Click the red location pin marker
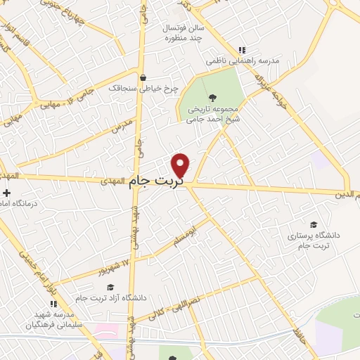(181, 165)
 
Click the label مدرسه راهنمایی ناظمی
(243, 61)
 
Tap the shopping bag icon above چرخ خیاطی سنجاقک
(143, 78)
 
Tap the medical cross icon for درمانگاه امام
(6, 193)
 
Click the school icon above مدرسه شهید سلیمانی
(53, 304)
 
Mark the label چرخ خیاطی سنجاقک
(143, 89)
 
